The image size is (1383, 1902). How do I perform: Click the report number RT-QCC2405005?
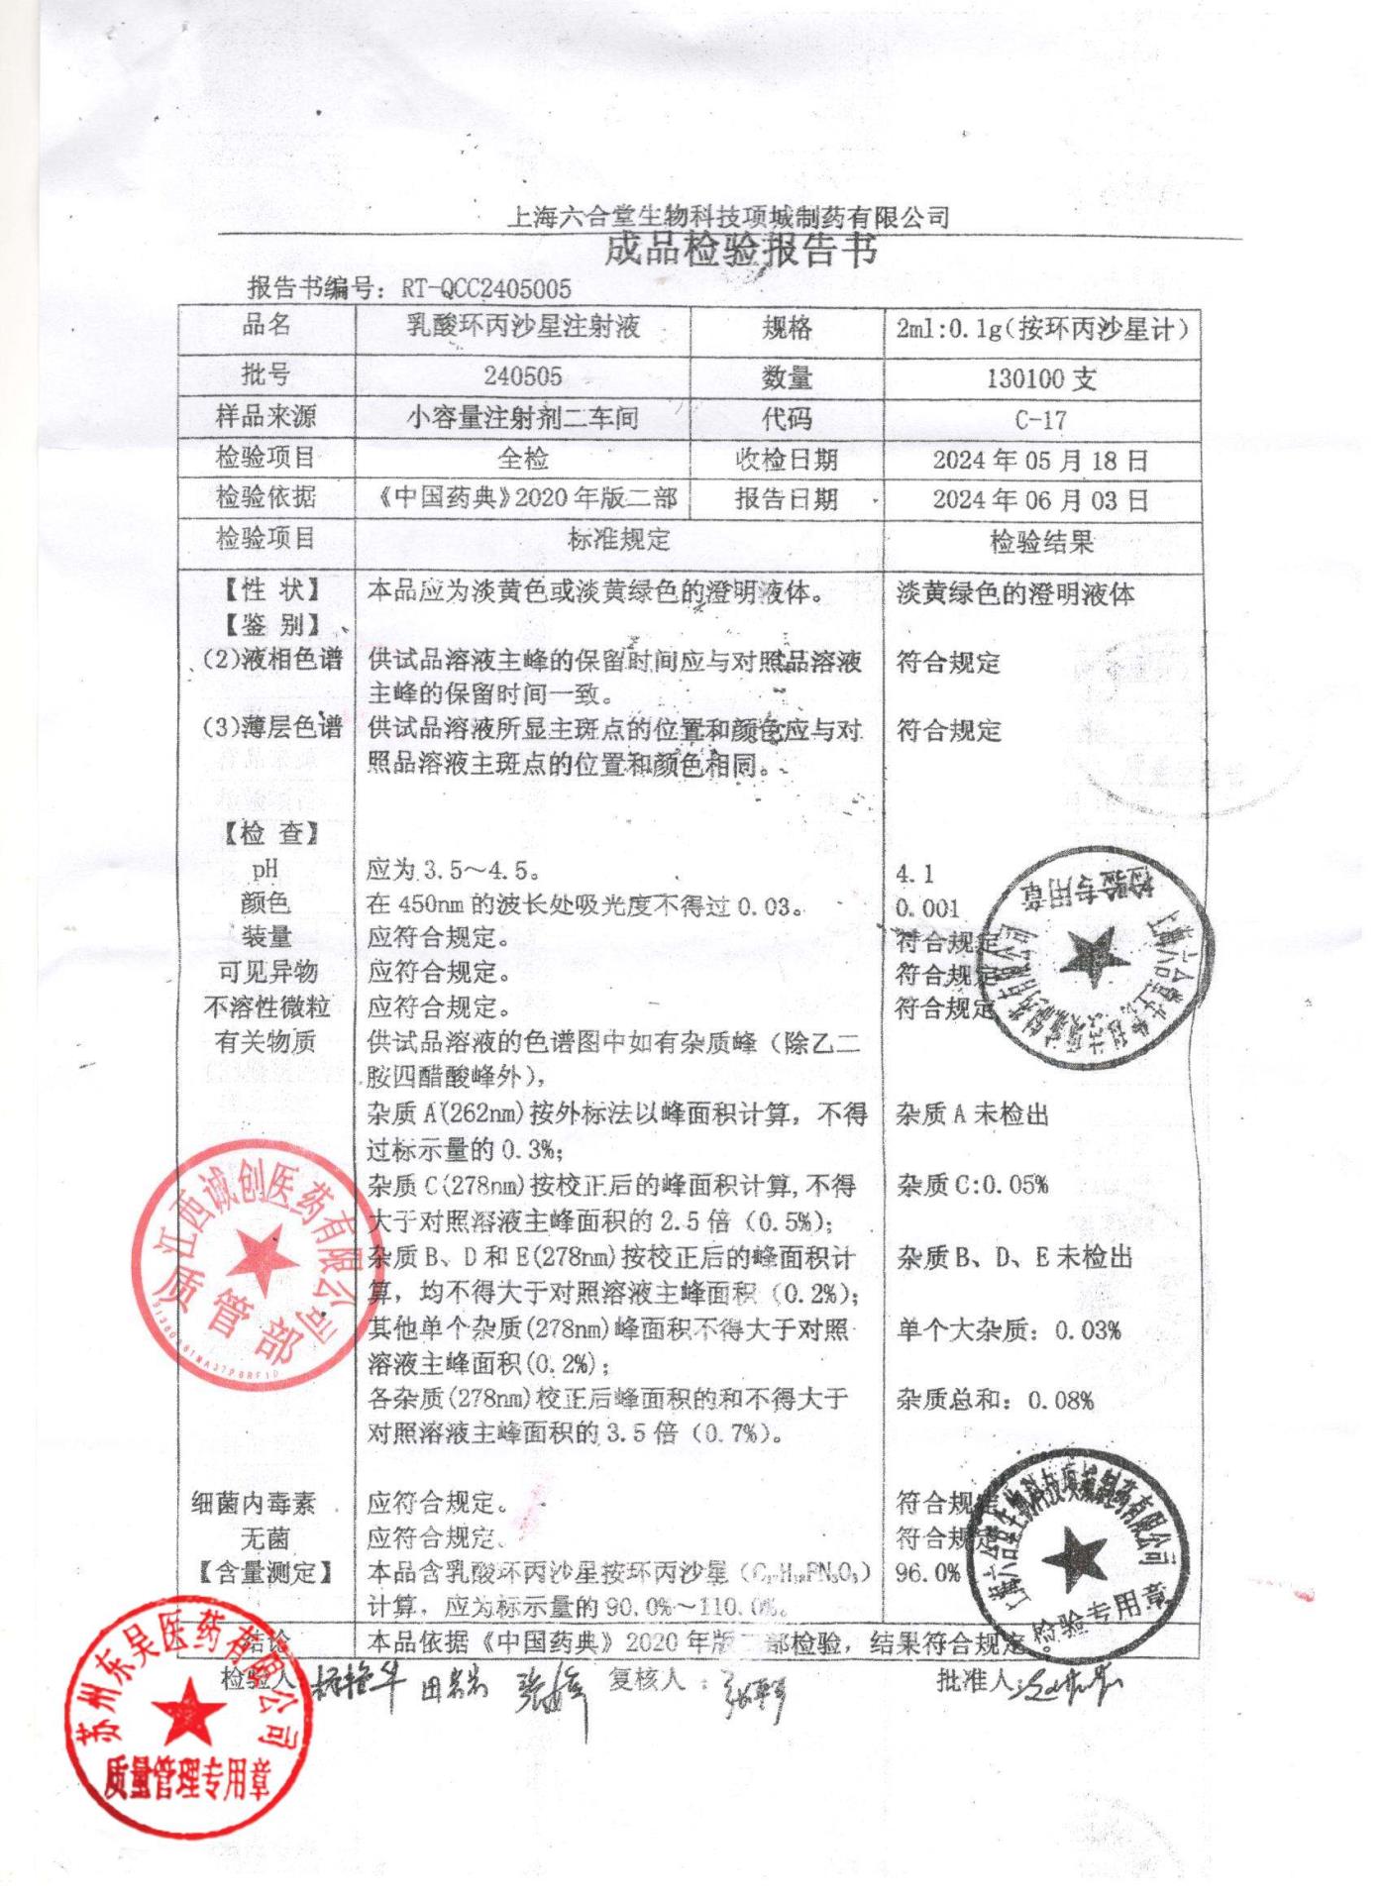click(x=486, y=288)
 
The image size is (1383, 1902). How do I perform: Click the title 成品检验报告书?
click(x=740, y=251)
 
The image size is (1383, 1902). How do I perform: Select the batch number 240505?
click(x=522, y=376)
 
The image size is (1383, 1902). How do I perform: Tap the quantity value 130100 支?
click(x=1040, y=378)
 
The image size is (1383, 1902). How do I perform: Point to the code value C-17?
click(x=1040, y=420)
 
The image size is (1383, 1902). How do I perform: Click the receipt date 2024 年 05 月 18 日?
click(x=1040, y=461)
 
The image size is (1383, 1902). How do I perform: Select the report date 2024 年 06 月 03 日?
click(x=1040, y=500)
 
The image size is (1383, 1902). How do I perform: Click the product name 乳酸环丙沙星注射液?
click(x=523, y=327)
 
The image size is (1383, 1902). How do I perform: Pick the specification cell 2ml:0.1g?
click(x=1041, y=328)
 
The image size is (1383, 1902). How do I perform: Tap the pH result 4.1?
click(x=913, y=874)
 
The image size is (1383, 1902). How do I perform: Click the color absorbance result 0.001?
click(x=927, y=908)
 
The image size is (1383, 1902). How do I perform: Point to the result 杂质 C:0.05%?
click(x=972, y=1185)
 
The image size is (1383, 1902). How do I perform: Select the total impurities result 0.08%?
click(x=1060, y=1400)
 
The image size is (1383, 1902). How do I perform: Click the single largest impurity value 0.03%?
click(x=1087, y=1330)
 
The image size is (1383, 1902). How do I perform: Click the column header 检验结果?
click(x=1041, y=542)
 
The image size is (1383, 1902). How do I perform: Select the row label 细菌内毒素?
click(x=254, y=1504)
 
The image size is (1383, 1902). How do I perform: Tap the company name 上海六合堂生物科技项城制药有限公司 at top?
click(x=728, y=217)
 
